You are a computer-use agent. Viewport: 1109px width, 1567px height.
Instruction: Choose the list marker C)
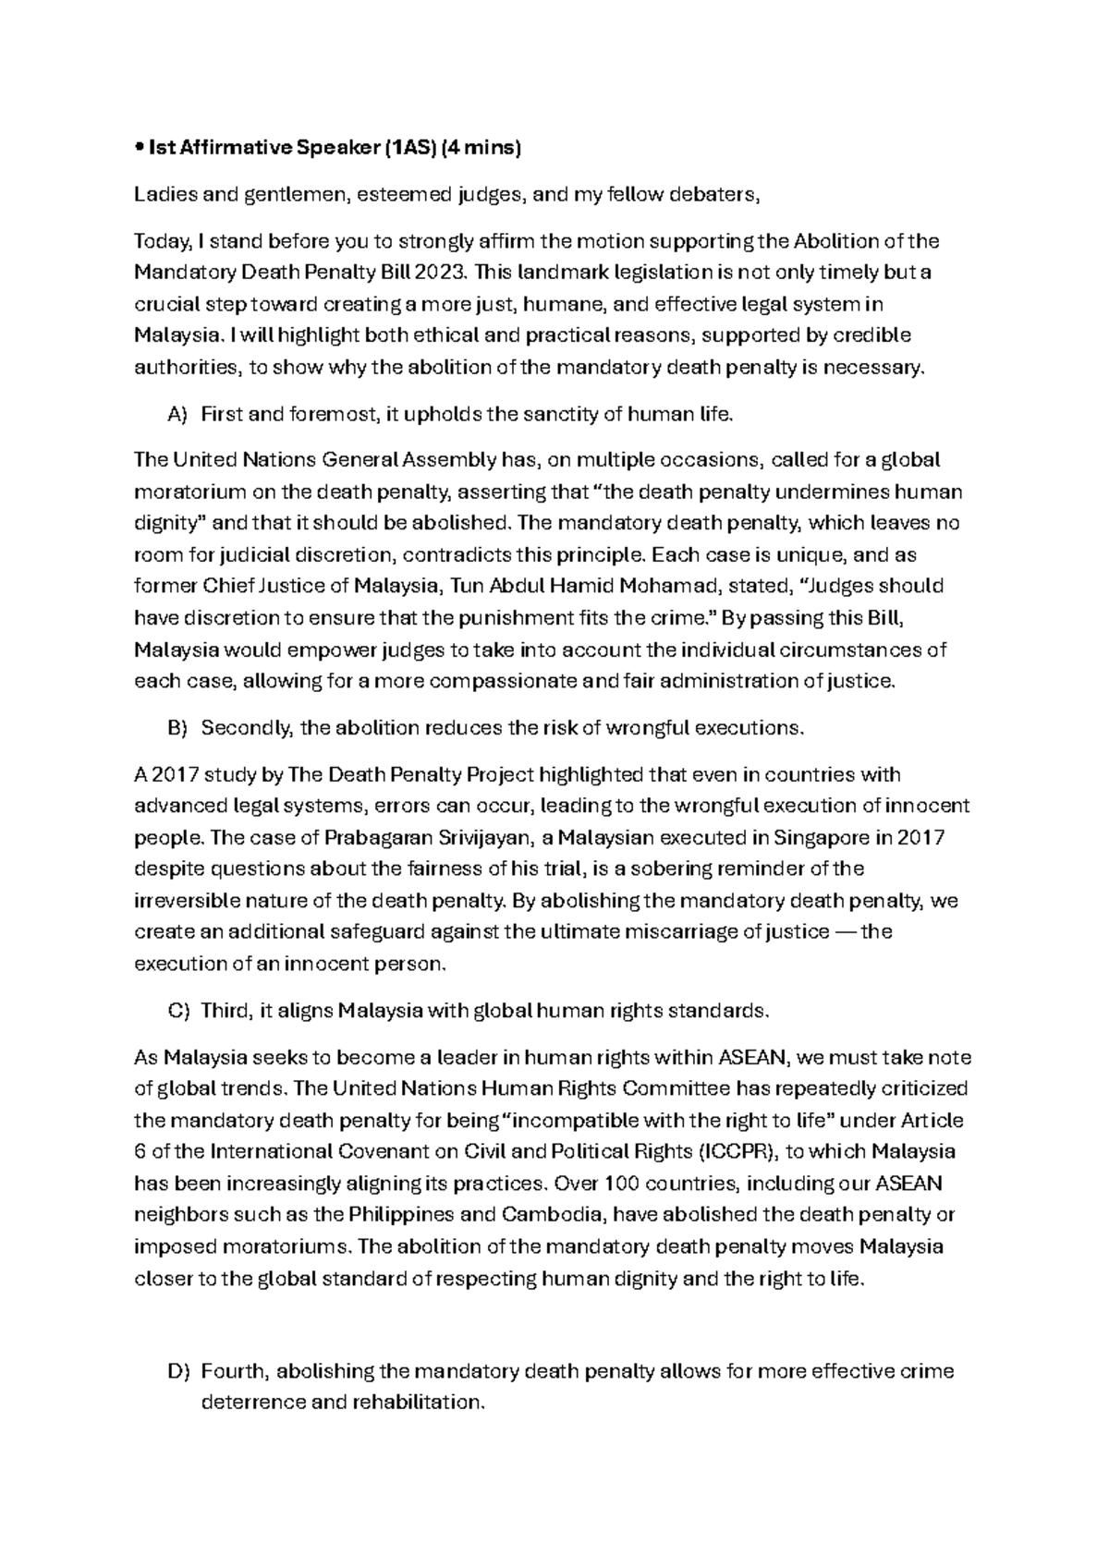[177, 1010]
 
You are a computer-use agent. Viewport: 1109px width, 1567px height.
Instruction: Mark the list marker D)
[177, 1370]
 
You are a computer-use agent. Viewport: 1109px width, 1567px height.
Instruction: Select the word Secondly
[247, 727]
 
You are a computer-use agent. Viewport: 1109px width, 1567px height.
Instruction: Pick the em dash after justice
[845, 931]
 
